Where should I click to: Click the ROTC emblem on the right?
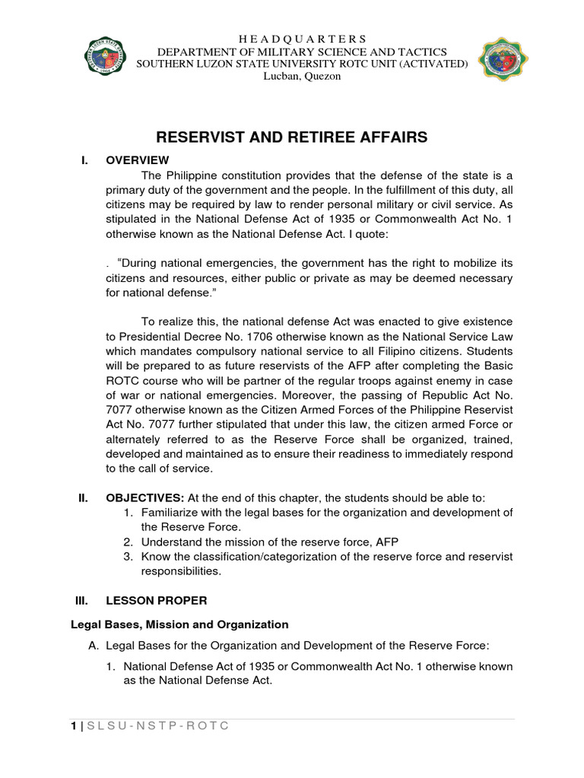503,59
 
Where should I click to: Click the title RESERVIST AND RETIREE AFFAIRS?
292,138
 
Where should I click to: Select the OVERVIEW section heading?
138,160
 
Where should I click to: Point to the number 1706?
242,337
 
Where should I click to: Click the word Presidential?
151,337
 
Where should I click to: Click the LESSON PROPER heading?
156,600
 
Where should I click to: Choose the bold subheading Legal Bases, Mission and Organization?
180,625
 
